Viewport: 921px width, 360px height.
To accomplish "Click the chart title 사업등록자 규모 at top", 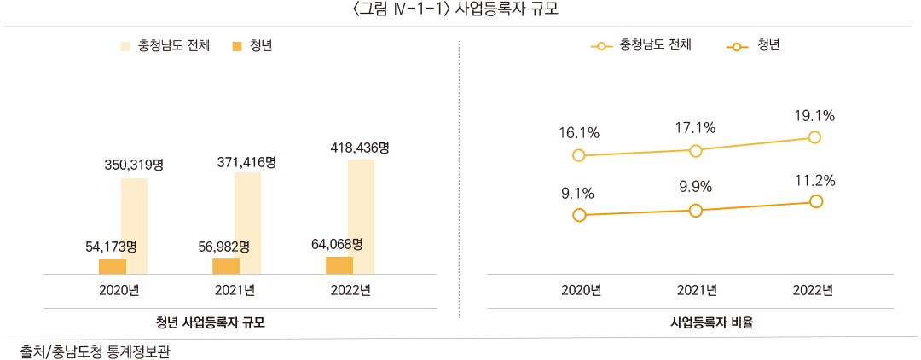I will pyautogui.click(x=460, y=9).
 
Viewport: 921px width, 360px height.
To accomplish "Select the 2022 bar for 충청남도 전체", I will pyautogui.click(x=362, y=217).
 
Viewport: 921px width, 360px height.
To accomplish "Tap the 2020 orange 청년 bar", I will pyautogui.click(x=112, y=266).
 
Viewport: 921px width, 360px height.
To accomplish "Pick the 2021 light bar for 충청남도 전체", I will pyautogui.click(x=247, y=223).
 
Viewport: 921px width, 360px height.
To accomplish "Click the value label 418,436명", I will pyautogui.click(x=360, y=148).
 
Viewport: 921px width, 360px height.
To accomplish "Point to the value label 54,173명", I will pyautogui.click(x=112, y=247).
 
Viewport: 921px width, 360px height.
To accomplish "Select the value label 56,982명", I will pyautogui.click(x=223, y=247).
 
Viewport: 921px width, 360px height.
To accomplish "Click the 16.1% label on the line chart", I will pyautogui.click(x=580, y=133).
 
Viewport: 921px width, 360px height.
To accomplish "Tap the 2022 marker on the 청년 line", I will pyautogui.click(x=816, y=201).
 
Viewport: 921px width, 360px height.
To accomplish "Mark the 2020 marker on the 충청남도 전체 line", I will pyautogui.click(x=580, y=155).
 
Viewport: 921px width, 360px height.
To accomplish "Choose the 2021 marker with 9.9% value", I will pyautogui.click(x=696, y=210).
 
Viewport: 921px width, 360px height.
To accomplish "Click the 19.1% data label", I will pyautogui.click(x=814, y=115).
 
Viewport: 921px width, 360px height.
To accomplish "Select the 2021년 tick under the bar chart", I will pyautogui.click(x=235, y=290).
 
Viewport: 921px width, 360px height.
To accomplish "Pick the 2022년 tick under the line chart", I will pyautogui.click(x=812, y=290).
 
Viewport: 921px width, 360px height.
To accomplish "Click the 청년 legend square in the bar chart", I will pyautogui.click(x=237, y=45).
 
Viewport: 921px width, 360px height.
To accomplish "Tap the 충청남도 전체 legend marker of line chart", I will pyautogui.click(x=602, y=45).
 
